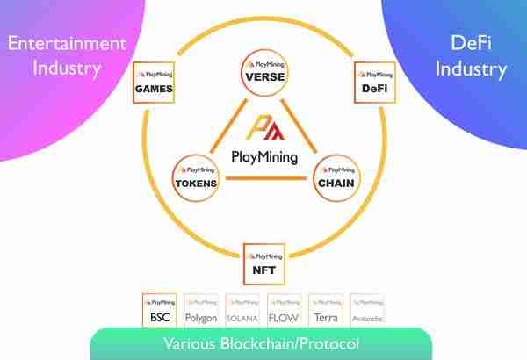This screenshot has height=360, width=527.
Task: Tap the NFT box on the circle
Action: point(263,263)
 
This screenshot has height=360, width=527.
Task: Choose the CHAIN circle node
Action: point(335,176)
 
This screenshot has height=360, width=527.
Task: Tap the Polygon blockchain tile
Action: point(200,311)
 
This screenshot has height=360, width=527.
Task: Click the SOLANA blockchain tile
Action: point(242,311)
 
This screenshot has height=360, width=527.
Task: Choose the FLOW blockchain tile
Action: point(285,311)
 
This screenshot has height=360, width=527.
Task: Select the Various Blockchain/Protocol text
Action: point(261,342)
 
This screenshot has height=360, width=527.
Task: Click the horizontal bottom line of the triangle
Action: point(264,180)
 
